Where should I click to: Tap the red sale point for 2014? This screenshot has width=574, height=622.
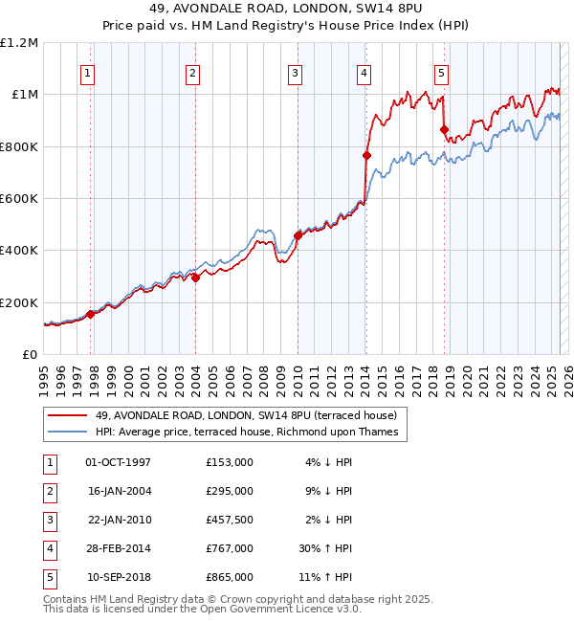[x=366, y=155]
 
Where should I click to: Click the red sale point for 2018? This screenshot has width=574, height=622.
[x=444, y=130]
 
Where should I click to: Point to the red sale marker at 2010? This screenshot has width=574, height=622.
[x=298, y=235]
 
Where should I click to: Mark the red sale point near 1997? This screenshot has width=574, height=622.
[x=91, y=314]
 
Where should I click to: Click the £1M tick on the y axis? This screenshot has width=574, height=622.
[x=23, y=95]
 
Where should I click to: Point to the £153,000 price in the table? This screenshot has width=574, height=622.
[x=230, y=462]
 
